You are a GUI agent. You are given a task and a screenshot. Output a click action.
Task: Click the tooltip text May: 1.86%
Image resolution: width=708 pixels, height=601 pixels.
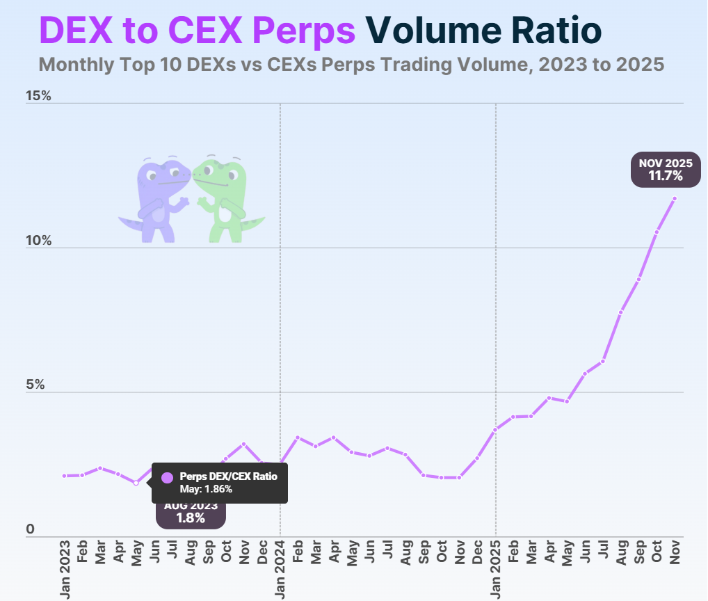click(206, 489)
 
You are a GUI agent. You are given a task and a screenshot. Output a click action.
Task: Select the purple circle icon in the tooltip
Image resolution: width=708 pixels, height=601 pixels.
click(167, 478)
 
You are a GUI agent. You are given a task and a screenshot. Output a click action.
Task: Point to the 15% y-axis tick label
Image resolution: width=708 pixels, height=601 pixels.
click(39, 96)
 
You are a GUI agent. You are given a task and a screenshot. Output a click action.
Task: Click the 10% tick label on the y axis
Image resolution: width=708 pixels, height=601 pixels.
click(39, 241)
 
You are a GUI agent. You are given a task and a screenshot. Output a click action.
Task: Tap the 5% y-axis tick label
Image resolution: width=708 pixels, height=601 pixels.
click(35, 385)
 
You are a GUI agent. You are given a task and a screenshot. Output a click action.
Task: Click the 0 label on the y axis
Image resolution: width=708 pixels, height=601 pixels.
click(30, 529)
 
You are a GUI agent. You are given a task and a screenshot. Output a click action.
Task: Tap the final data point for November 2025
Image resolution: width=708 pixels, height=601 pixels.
click(675, 199)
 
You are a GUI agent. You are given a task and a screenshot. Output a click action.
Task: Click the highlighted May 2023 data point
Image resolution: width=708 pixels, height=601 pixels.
click(136, 483)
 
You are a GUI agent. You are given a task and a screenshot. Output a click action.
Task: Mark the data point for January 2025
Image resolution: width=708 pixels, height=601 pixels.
click(495, 430)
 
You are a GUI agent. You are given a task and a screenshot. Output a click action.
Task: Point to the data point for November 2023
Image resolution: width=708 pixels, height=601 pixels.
click(243, 444)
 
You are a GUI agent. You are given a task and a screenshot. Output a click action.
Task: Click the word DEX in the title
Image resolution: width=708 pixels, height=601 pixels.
click(74, 29)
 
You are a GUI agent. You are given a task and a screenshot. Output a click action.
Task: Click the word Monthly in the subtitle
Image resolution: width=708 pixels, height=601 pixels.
click(76, 65)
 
